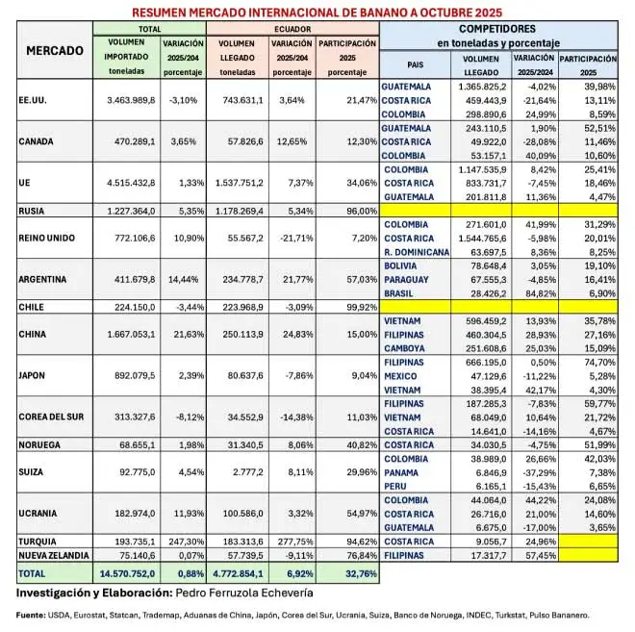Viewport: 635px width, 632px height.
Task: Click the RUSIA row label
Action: pos(37,210)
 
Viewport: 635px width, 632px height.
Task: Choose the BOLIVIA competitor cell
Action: pos(405,265)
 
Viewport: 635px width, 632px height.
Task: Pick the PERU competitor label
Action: pos(397,487)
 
